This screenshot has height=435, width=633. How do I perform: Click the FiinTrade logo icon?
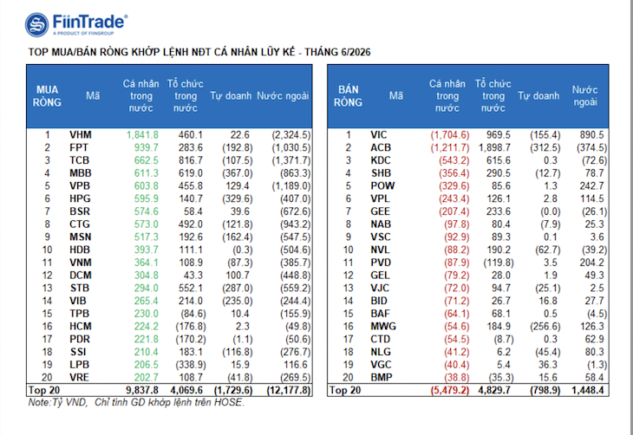(37, 24)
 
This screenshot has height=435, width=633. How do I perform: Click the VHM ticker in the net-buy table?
(81, 135)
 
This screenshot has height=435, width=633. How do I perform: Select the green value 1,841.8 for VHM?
(142, 135)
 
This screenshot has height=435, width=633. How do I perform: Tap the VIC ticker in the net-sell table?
(379, 135)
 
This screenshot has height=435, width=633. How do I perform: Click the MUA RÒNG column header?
(47, 96)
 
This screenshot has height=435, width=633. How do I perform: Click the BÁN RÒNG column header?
(348, 96)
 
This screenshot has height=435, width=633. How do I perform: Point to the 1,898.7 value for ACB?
(494, 147)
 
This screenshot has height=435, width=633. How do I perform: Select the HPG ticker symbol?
(81, 198)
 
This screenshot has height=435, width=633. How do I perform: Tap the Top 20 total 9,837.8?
(142, 390)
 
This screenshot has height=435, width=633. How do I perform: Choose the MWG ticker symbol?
(383, 326)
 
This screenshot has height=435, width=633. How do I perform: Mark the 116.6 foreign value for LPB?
(296, 365)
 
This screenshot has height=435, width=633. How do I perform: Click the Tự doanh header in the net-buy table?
(231, 96)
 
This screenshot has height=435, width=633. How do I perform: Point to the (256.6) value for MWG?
(545, 326)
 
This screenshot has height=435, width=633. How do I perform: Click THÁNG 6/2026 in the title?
(337, 52)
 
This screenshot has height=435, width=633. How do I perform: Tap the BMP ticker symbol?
(382, 377)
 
